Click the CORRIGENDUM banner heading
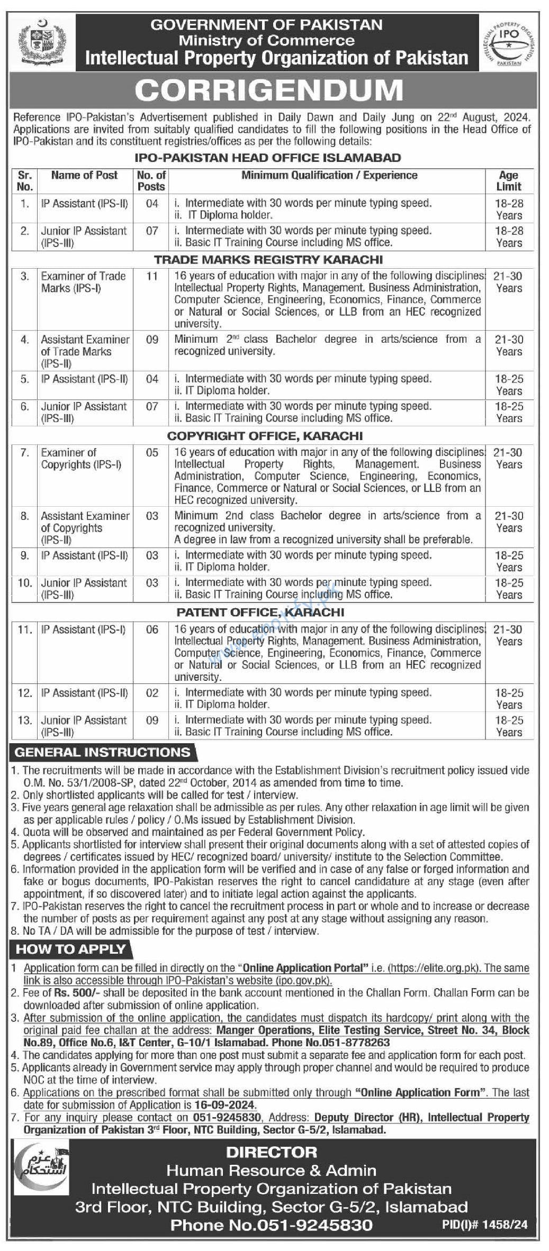click(x=269, y=90)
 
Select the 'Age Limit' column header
click(x=509, y=181)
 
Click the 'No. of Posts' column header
click(x=151, y=181)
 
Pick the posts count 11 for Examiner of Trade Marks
click(x=152, y=276)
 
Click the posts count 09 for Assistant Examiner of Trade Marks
click(x=152, y=340)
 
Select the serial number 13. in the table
click(x=25, y=720)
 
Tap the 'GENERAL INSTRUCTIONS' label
click(x=103, y=752)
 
